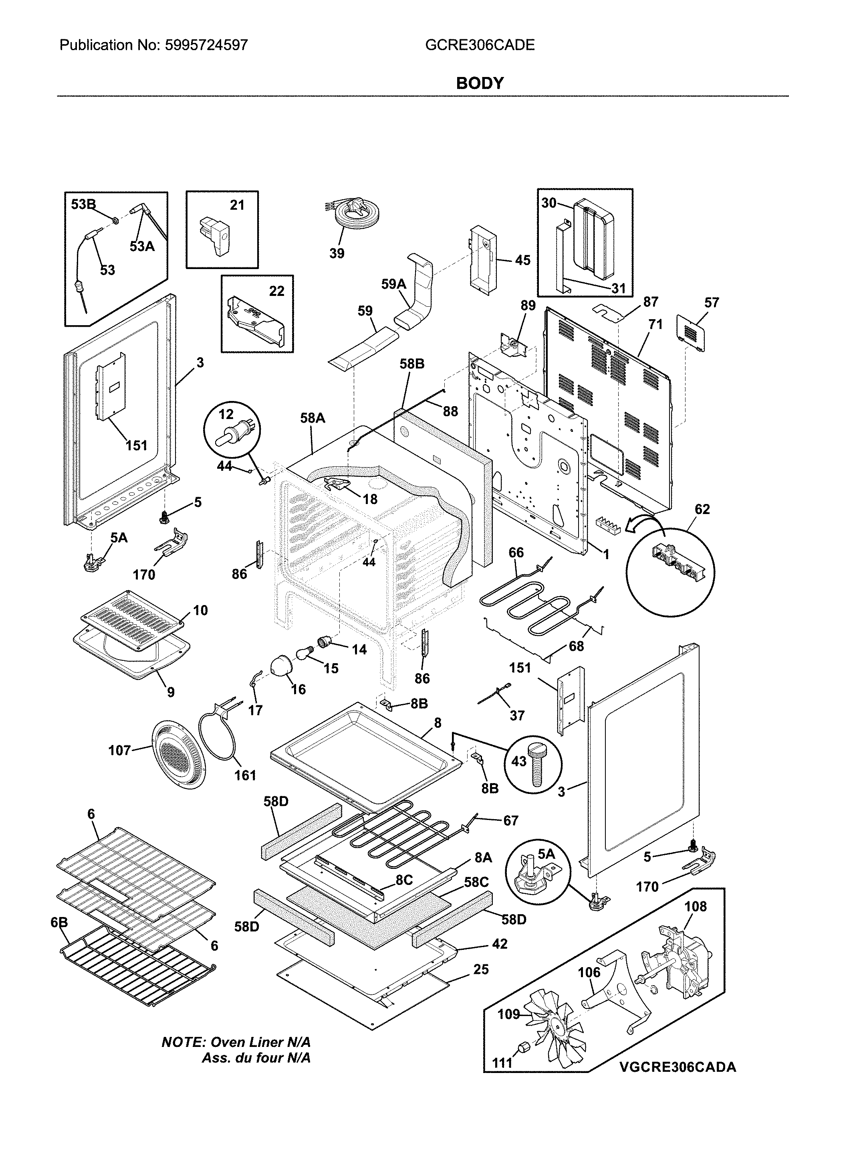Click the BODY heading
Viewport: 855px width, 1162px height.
479,83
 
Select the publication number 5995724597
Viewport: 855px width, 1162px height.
206,46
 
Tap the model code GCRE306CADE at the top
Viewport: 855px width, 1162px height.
480,46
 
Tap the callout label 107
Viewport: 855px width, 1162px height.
119,750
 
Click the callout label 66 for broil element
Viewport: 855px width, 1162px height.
516,553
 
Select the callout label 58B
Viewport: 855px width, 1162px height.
412,364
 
